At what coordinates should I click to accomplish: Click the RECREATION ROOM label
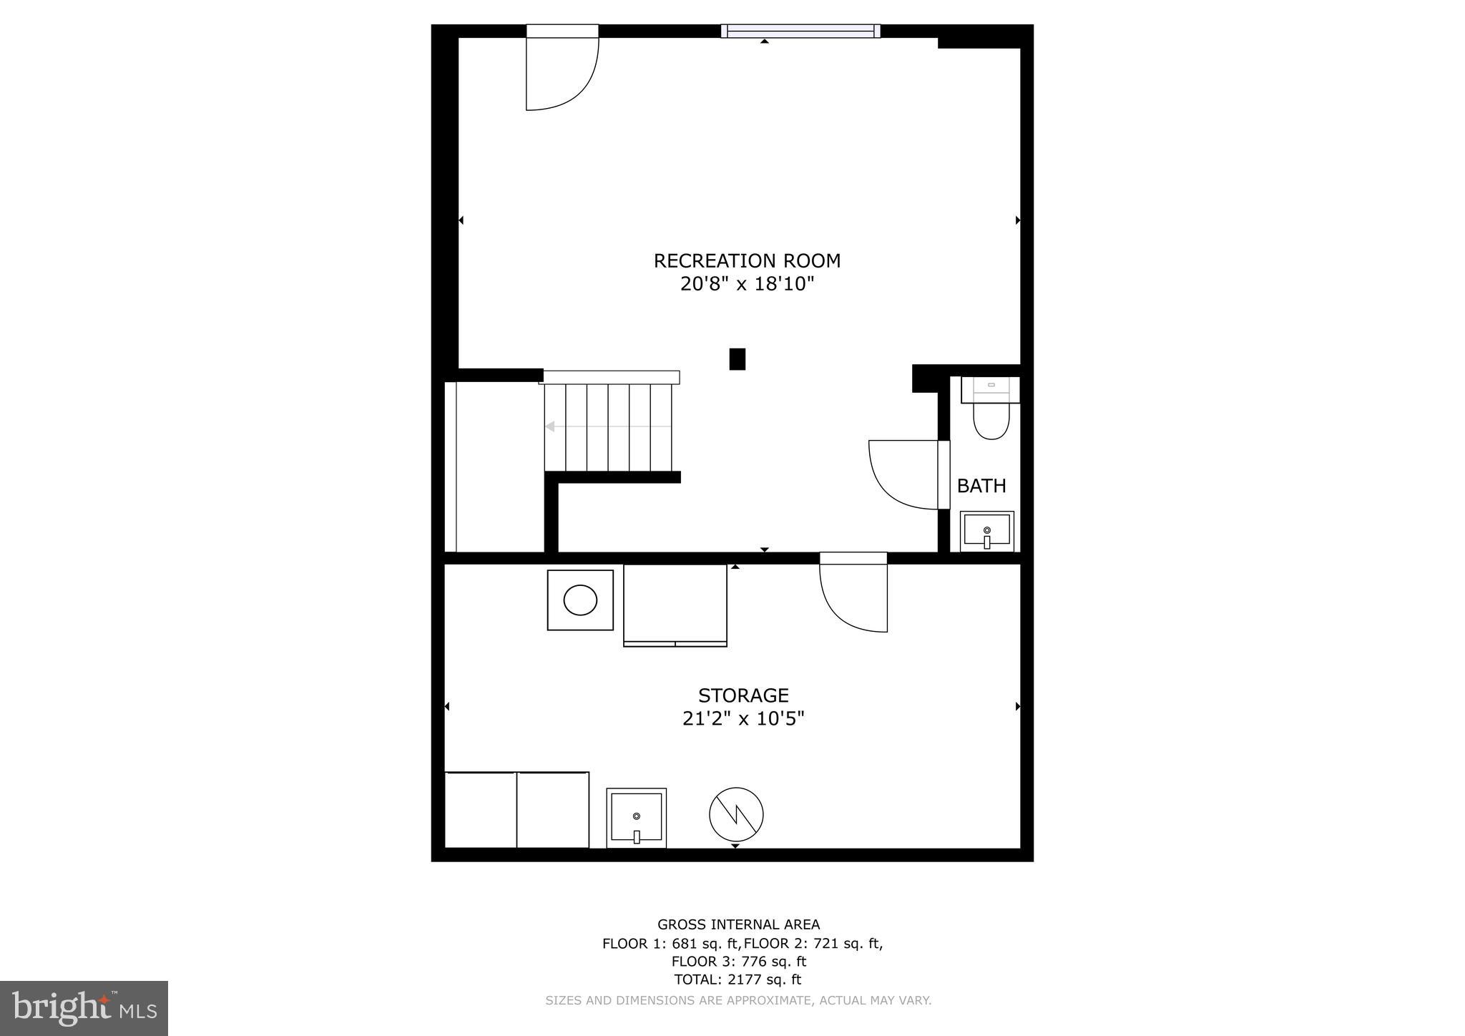[x=747, y=261]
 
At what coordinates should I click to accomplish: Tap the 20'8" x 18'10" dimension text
[x=747, y=285]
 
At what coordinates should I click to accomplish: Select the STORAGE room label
[x=743, y=695]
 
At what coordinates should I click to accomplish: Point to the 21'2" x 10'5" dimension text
[x=743, y=719]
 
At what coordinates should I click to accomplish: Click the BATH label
[x=981, y=487]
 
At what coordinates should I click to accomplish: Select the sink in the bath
[x=986, y=531]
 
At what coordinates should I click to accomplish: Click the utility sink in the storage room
[x=636, y=818]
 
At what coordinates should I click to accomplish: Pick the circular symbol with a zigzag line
[x=736, y=814]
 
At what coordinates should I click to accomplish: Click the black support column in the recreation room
[x=737, y=359]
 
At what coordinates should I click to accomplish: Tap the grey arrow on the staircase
[x=550, y=427]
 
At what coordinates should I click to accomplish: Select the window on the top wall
[x=800, y=31]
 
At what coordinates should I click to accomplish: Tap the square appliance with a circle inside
[x=580, y=600]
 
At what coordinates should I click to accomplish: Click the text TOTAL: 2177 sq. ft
[x=737, y=980]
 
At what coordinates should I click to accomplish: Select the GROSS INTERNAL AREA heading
[x=738, y=925]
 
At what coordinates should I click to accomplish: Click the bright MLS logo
[x=84, y=1009]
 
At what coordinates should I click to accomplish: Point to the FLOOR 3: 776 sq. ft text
[x=738, y=962]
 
